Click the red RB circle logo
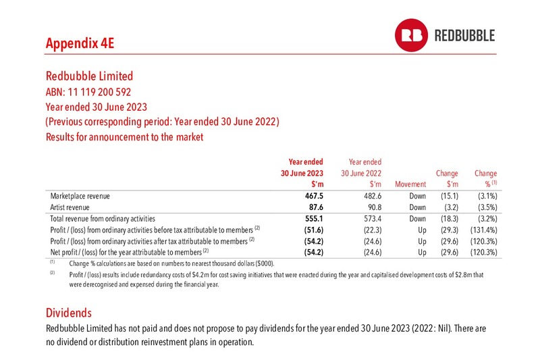coord(411,35)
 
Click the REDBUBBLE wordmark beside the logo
coord(464,36)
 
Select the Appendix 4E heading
coord(80,43)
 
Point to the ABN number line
coord(88,92)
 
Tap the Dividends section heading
coord(69,313)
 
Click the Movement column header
coord(410,184)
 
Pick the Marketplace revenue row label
coord(80,196)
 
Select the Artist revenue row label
coord(70,207)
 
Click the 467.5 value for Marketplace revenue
coord(314,196)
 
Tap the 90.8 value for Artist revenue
coord(373,207)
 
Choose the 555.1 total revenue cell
coord(314,219)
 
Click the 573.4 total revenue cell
coord(373,219)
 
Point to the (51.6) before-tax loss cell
coord(314,230)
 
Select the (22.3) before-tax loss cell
coord(373,230)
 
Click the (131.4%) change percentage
coord(484,230)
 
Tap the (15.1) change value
coord(450,196)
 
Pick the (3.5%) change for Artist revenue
coord(487,207)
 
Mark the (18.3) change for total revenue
coord(450,219)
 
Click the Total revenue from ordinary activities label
coord(103,219)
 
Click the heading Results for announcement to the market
coord(125,137)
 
